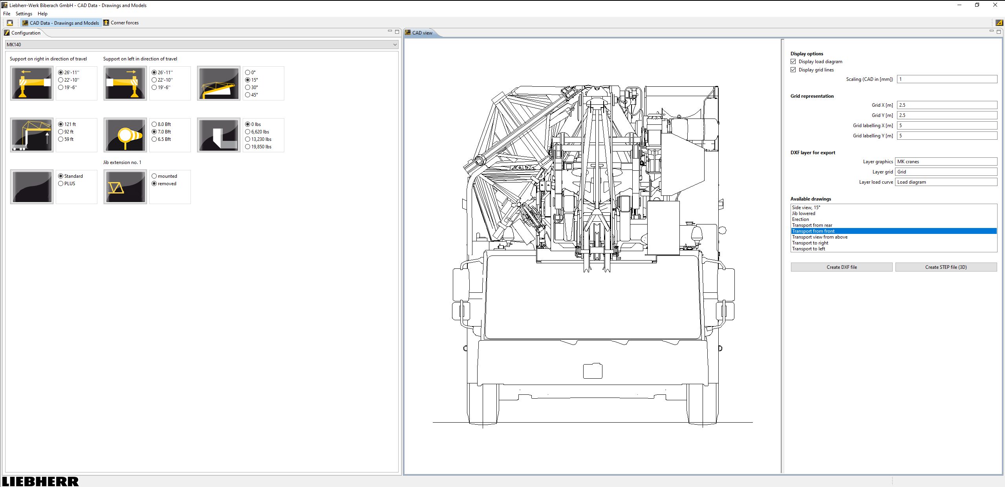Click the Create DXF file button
pyautogui.click(x=841, y=267)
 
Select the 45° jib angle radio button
pyautogui.click(x=248, y=95)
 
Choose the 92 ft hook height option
pyautogui.click(x=61, y=132)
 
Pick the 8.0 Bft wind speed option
pyautogui.click(x=154, y=124)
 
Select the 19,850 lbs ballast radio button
pyautogui.click(x=248, y=147)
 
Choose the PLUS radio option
pyautogui.click(x=61, y=184)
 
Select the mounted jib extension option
pyautogui.click(x=154, y=176)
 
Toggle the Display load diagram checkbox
pyautogui.click(x=793, y=62)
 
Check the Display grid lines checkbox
pyautogui.click(x=793, y=70)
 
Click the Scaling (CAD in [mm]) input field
pyautogui.click(x=946, y=79)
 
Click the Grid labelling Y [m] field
pyautogui.click(x=946, y=136)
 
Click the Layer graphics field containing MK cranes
pyautogui.click(x=946, y=162)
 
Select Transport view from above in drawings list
pyautogui.click(x=820, y=237)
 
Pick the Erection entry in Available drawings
pyautogui.click(x=800, y=219)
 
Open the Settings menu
pyautogui.click(x=24, y=14)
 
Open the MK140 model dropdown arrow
pyautogui.click(x=395, y=45)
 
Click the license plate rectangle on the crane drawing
pyautogui.click(x=593, y=371)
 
